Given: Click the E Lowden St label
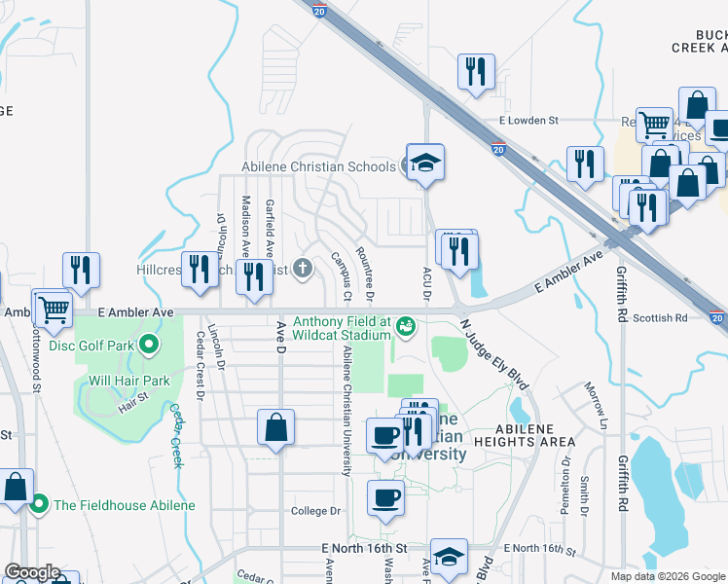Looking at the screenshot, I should [x=528, y=121].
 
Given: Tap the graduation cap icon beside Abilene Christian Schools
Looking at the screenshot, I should [x=425, y=162].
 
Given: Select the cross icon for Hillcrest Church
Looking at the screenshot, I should [x=303, y=268].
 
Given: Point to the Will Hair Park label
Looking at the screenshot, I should [x=130, y=381].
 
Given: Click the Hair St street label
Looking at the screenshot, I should [x=133, y=397].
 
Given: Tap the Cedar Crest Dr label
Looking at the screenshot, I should [x=200, y=366].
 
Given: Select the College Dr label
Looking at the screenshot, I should [x=317, y=510].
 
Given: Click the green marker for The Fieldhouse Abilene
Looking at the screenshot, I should [x=39, y=504].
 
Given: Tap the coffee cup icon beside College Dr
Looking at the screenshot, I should [x=385, y=497].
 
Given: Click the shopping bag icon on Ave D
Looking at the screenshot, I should [x=276, y=427].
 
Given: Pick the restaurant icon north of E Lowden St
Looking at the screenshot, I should [x=476, y=71].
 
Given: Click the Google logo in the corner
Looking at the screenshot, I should [x=31, y=572].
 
